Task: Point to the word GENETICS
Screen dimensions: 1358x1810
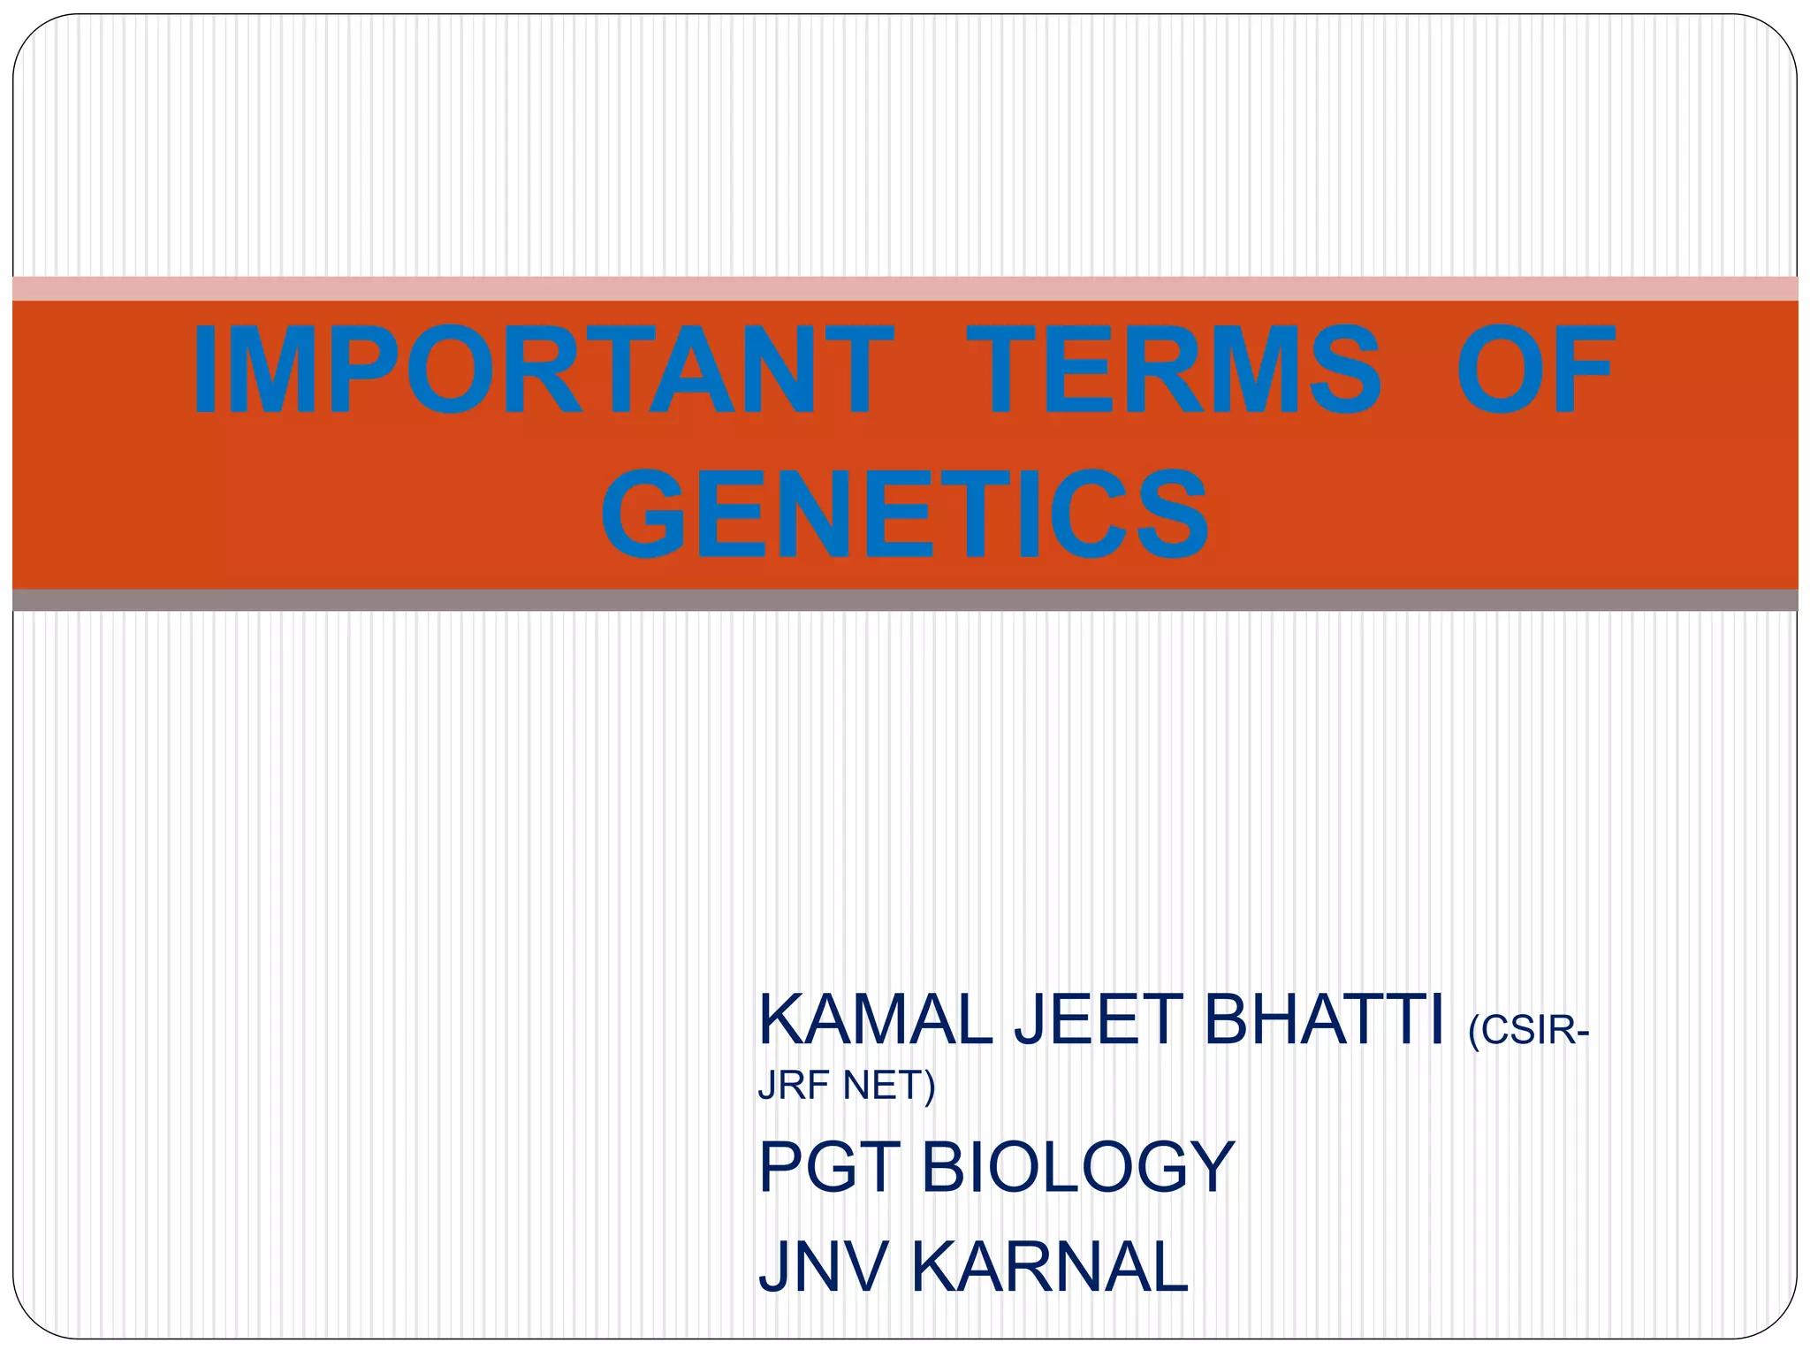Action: click(x=905, y=515)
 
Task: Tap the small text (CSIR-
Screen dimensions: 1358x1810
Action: click(x=1528, y=1031)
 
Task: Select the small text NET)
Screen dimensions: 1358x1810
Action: click(x=889, y=1087)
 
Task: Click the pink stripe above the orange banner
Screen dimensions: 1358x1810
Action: click(x=905, y=288)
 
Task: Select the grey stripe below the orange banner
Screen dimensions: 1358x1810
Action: click(x=905, y=600)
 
